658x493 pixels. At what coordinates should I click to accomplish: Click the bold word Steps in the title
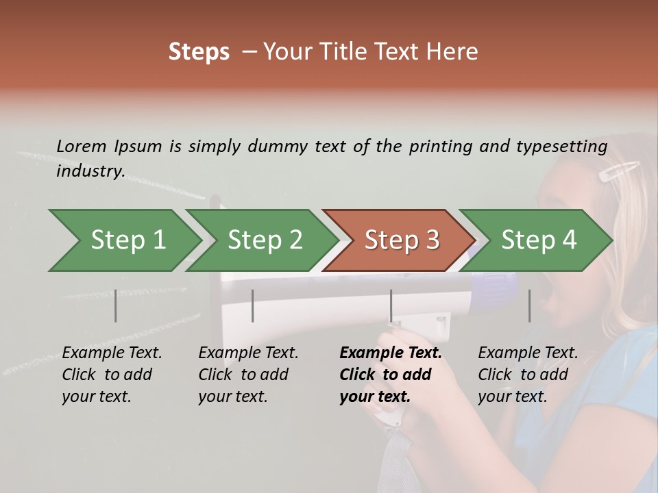point(199,52)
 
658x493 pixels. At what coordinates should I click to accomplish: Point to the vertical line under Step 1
point(116,305)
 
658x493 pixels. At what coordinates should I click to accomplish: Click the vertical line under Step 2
point(253,305)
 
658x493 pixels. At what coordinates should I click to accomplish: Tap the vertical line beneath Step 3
point(391,305)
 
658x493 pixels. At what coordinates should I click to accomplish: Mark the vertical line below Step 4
point(529,305)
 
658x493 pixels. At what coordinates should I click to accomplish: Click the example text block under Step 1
point(112,375)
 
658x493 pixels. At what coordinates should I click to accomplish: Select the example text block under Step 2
point(248,375)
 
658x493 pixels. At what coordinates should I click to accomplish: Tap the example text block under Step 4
point(528,375)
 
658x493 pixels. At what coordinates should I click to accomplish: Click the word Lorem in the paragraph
point(82,146)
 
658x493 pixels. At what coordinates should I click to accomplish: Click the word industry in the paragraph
point(90,171)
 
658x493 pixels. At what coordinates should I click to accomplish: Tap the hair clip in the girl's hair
point(619,170)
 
